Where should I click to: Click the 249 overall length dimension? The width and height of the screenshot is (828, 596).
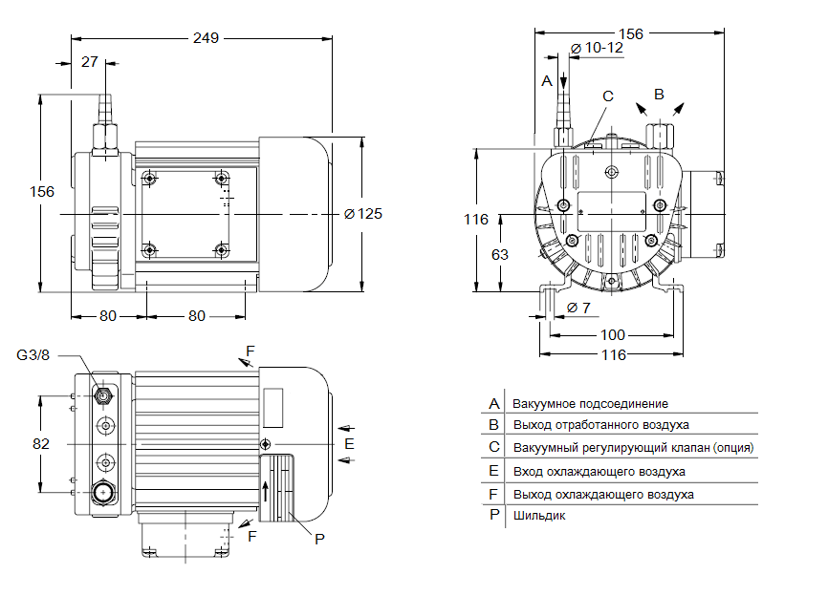click(206, 38)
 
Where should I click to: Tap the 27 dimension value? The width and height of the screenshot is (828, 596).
click(89, 62)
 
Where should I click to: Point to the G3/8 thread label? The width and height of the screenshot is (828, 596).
click(34, 355)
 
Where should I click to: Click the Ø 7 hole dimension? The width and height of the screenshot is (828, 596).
click(578, 308)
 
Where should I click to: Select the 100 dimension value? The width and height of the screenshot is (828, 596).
click(612, 334)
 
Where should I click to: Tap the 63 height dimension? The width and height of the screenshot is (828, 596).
click(499, 254)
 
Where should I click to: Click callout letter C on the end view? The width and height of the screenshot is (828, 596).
click(607, 96)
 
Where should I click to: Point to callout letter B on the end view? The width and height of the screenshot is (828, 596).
click(658, 94)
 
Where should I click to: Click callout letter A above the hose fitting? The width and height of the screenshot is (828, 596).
click(547, 81)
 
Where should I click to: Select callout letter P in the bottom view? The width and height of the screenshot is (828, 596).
click(320, 539)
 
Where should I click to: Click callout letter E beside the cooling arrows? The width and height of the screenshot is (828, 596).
click(349, 444)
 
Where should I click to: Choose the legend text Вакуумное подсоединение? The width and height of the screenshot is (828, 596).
click(590, 404)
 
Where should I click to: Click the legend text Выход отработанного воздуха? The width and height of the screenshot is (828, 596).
click(600, 425)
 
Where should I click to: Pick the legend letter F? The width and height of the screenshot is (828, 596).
click(494, 494)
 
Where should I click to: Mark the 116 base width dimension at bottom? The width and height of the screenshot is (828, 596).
click(612, 355)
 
